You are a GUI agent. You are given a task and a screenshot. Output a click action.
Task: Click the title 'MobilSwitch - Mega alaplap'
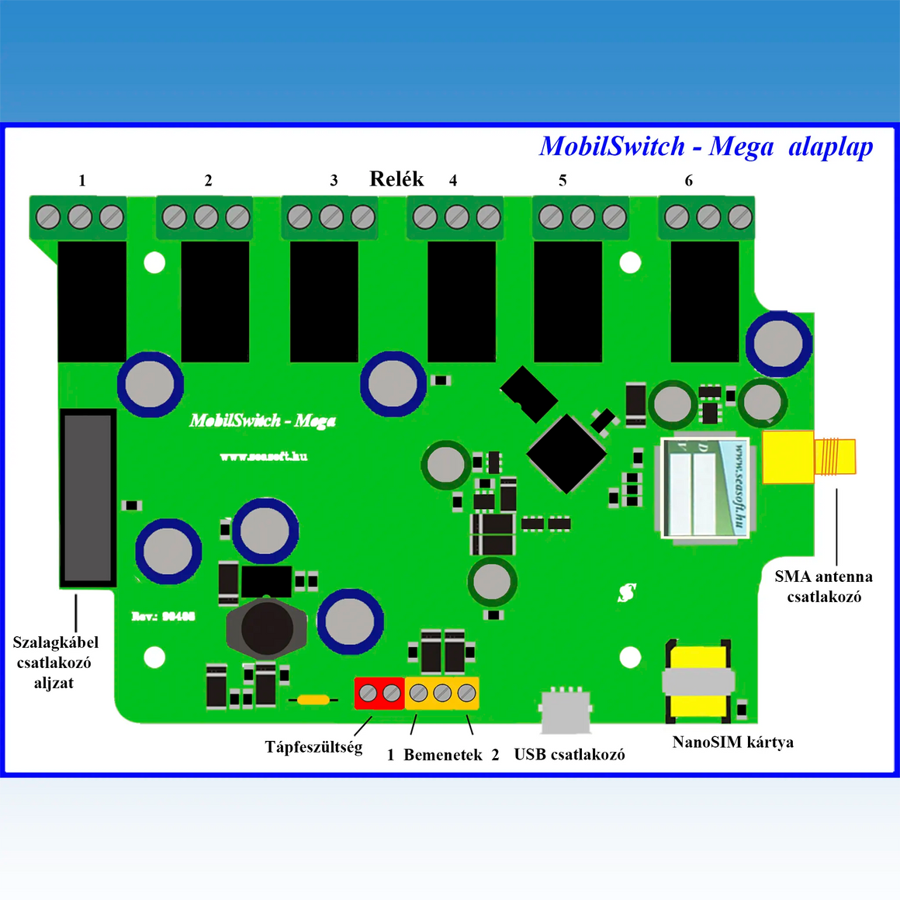tap(706, 146)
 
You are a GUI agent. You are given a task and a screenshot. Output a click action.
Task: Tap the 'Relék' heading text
tap(396, 179)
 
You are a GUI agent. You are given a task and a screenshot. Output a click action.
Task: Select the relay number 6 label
tap(688, 181)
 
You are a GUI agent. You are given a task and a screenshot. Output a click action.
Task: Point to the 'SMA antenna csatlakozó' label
tap(823, 587)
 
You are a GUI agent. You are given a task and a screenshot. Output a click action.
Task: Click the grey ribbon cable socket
tap(88, 498)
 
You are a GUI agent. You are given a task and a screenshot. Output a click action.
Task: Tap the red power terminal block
tap(380, 693)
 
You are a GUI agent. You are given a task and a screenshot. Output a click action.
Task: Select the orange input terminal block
tap(442, 693)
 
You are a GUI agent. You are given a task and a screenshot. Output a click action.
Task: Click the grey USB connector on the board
tap(566, 710)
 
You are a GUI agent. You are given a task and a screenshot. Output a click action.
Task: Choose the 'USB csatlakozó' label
tap(569, 754)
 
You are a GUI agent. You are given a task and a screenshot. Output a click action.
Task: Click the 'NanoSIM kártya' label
tap(732, 742)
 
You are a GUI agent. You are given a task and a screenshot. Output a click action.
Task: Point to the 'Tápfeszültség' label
tap(313, 747)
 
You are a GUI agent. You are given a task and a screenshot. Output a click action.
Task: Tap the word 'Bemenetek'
tap(443, 755)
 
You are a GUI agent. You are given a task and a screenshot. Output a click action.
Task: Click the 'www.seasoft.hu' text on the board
tap(264, 456)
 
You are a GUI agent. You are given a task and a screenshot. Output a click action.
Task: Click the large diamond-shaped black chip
tap(566, 453)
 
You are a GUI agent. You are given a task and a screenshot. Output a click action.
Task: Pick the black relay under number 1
tap(92, 301)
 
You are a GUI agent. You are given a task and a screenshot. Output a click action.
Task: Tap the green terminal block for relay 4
tap(456, 217)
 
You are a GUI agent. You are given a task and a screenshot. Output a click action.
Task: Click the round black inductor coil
tap(266, 628)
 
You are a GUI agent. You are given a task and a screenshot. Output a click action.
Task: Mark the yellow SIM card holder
tap(698, 681)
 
